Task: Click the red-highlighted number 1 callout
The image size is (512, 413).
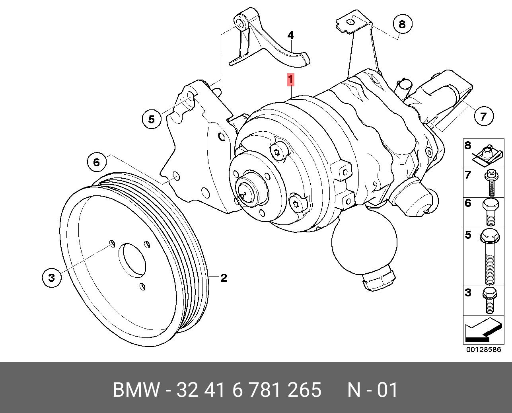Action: tap(291, 80)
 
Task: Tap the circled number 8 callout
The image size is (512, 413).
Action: tap(402, 24)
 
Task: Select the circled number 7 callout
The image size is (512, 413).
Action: tap(483, 116)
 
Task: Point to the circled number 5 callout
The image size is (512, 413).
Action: tap(152, 119)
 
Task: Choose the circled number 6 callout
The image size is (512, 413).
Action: tap(97, 162)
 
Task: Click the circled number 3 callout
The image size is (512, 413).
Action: tap(52, 277)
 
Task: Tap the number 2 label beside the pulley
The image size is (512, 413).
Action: tap(224, 278)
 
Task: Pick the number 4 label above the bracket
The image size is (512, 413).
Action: tap(291, 35)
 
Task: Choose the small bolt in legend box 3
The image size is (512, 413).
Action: tap(489, 300)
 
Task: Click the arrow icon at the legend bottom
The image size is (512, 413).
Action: tap(482, 331)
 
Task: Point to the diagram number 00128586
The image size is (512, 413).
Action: tap(484, 350)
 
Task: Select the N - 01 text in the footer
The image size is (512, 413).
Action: tap(372, 390)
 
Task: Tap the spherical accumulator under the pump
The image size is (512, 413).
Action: tap(364, 243)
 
